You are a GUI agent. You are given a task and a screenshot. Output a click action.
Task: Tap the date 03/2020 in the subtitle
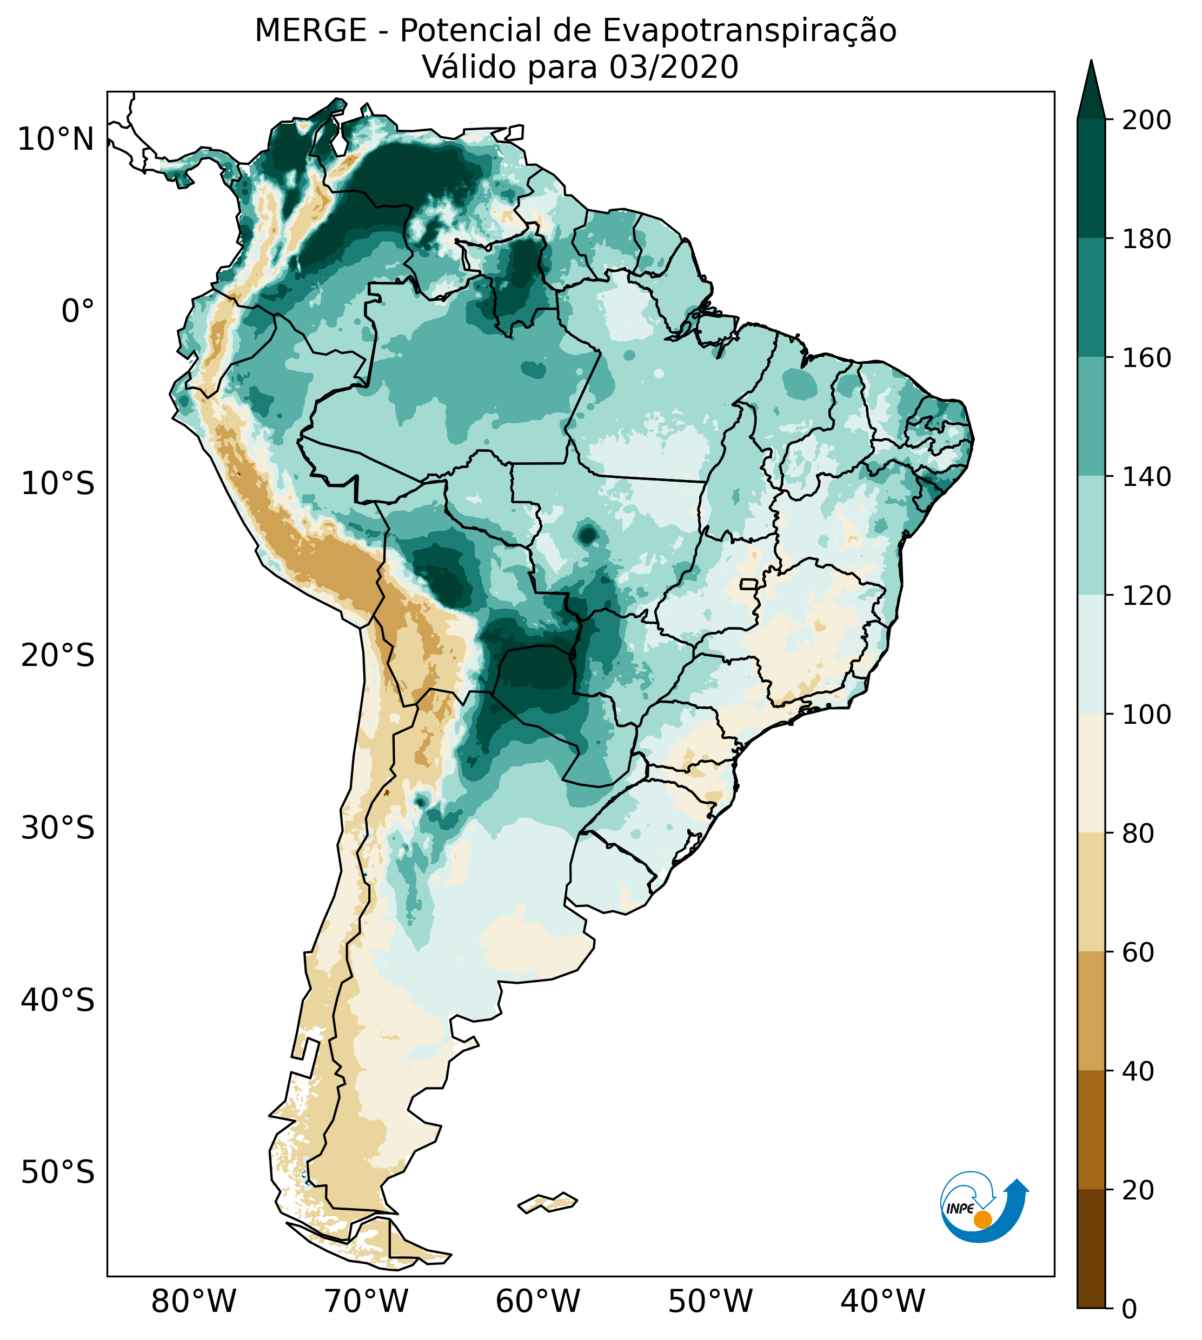(x=674, y=68)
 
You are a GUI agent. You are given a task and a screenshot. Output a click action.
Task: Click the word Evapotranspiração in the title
(x=749, y=31)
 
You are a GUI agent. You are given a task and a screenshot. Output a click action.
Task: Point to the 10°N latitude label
(x=56, y=140)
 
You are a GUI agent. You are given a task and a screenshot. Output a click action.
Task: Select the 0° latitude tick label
(x=78, y=311)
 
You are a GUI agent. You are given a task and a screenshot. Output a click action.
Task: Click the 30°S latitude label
(x=58, y=828)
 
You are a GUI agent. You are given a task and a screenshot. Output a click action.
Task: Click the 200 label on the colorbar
(x=1146, y=121)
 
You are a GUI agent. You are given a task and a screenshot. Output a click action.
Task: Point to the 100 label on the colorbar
(x=1146, y=714)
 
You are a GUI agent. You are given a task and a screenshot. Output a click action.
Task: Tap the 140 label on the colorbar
(x=1146, y=477)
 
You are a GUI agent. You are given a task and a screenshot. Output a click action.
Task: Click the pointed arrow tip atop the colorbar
(x=1091, y=66)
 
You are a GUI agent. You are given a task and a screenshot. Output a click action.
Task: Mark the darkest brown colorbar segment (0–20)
(x=1091, y=1248)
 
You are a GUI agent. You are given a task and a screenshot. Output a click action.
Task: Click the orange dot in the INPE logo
(x=982, y=1219)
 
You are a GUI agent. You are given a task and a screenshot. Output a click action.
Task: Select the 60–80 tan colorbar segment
(x=1091, y=892)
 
